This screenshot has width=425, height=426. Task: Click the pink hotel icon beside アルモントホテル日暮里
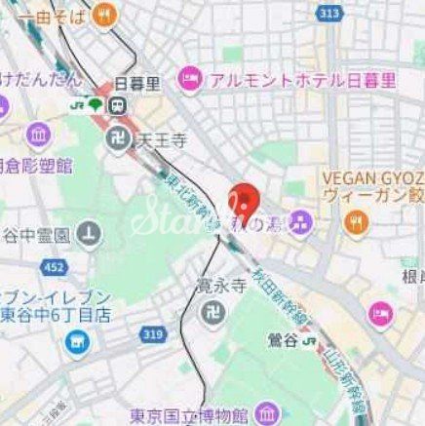coord(189,76)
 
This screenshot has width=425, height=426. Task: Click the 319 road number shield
coord(152,334)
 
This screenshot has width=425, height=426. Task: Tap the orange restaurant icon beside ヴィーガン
coord(354,222)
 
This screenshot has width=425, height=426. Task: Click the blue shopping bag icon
coord(74,342)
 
